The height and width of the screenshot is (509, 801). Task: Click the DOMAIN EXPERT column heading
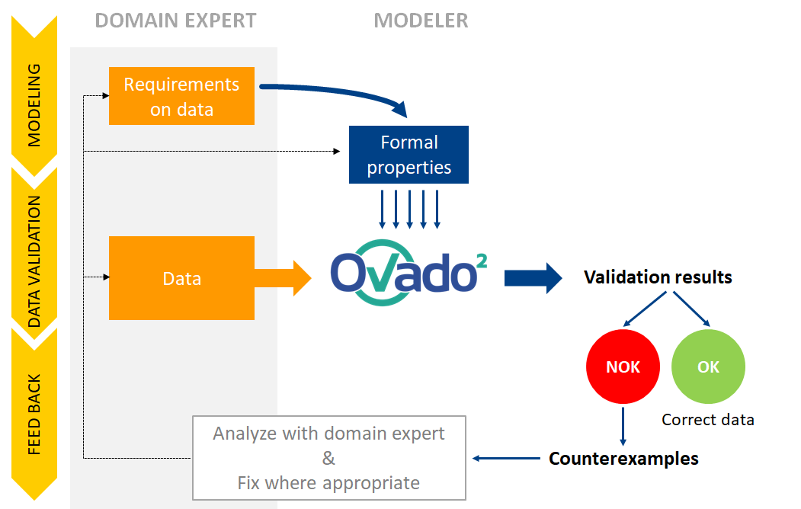click(x=175, y=21)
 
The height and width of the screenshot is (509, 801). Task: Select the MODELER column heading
click(x=421, y=21)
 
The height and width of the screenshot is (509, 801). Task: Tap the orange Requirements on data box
click(x=181, y=96)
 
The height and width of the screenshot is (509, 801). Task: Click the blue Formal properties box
click(x=409, y=155)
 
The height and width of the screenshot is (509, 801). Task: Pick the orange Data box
click(x=181, y=278)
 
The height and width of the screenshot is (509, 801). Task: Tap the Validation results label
click(x=658, y=277)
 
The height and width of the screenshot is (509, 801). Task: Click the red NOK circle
click(x=623, y=367)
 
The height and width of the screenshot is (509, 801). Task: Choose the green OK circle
click(x=708, y=367)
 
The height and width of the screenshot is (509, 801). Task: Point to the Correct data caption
click(x=708, y=419)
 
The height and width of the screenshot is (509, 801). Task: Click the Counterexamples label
click(x=623, y=459)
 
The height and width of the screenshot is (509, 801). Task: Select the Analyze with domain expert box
click(x=328, y=457)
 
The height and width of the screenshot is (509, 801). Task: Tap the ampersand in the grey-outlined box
click(x=328, y=458)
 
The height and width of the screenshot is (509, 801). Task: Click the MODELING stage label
click(x=34, y=105)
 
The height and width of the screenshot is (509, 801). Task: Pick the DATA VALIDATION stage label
click(x=34, y=261)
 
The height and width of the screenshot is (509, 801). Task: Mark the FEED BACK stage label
click(x=34, y=415)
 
